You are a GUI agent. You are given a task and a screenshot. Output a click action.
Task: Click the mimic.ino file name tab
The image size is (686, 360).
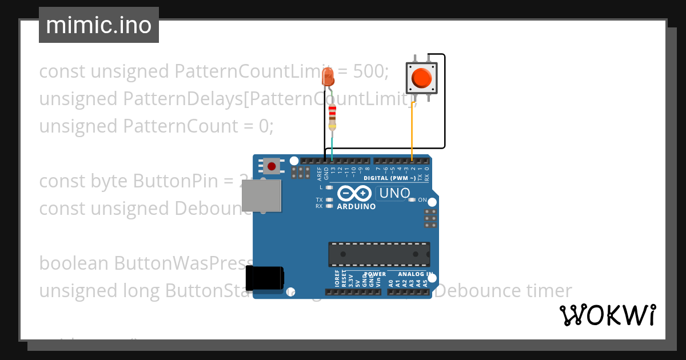click(x=98, y=25)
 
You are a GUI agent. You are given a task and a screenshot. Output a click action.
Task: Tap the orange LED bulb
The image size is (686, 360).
click(x=328, y=77)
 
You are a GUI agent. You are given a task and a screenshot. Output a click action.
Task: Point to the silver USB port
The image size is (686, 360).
click(x=261, y=196)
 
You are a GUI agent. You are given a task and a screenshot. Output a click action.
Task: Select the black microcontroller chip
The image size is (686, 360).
click(x=379, y=254)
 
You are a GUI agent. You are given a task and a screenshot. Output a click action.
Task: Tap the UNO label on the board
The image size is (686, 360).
click(x=394, y=194)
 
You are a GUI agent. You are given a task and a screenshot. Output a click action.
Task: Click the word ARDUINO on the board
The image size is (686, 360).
click(x=356, y=206)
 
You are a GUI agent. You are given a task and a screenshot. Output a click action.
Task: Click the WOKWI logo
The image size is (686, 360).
click(x=607, y=315)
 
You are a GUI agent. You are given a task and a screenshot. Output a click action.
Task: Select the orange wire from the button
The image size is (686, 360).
click(x=413, y=131)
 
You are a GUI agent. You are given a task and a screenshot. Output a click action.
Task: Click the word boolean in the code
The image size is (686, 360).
click(x=74, y=263)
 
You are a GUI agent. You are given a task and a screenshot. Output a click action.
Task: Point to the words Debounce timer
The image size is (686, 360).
click(x=506, y=291)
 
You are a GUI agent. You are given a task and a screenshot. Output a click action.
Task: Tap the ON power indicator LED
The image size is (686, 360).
click(x=413, y=199)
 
